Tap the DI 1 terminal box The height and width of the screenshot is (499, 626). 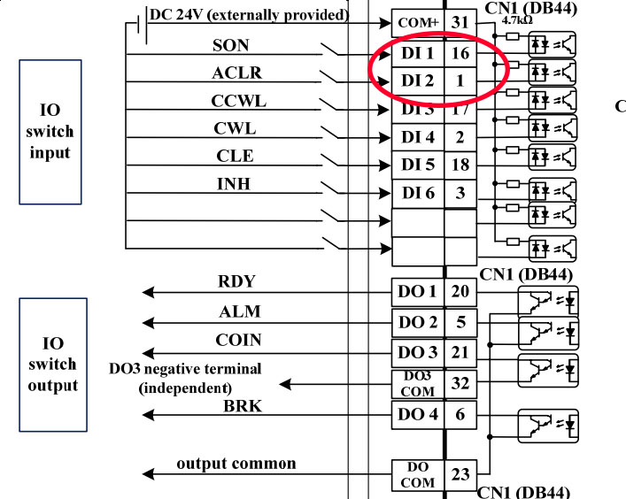[x=417, y=54]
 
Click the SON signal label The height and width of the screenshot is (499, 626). [x=230, y=45]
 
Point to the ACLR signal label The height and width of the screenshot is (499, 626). [x=236, y=73]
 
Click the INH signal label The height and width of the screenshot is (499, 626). [x=234, y=184]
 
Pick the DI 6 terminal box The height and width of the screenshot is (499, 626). [x=417, y=193]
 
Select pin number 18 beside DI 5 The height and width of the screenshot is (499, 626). [x=460, y=165]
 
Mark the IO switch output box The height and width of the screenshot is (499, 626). [x=53, y=364]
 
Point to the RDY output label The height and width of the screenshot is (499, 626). [x=236, y=282]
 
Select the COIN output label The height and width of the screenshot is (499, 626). [x=236, y=340]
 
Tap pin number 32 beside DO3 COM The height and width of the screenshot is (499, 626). [x=460, y=383]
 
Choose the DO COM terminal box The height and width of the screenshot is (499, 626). [x=417, y=475]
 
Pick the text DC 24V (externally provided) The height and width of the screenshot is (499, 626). [x=250, y=15]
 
